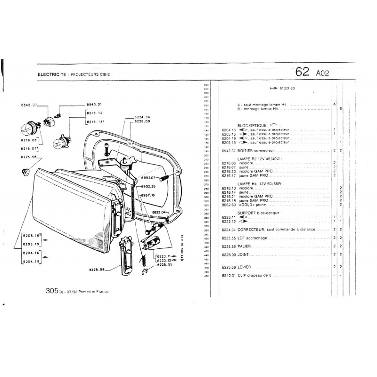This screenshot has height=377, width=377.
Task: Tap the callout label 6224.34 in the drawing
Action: pyautogui.click(x=141, y=116)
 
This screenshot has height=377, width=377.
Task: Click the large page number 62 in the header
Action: pyautogui.click(x=302, y=72)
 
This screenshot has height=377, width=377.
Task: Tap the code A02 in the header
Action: pyautogui.click(x=323, y=73)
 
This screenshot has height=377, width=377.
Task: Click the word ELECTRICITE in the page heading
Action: pyautogui.click(x=51, y=75)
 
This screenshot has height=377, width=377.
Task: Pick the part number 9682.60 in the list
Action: pyautogui.click(x=228, y=205)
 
